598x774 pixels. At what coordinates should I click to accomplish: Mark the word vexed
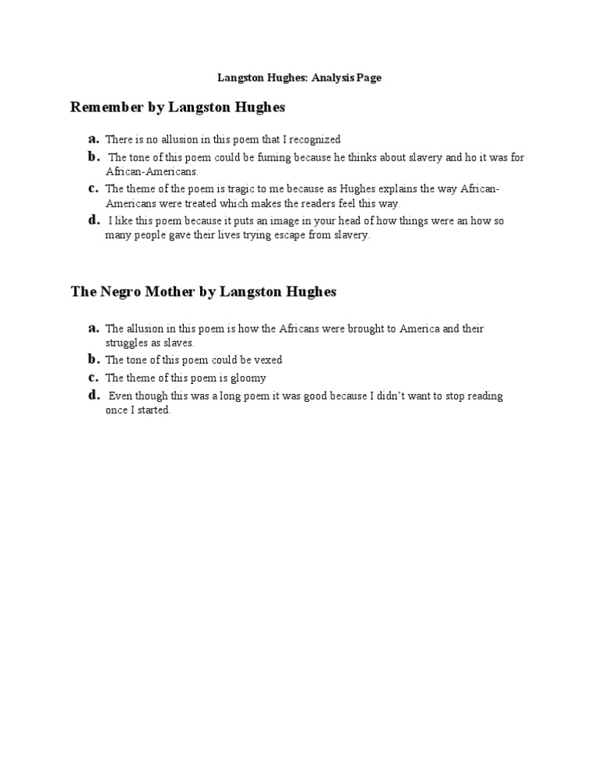(x=268, y=360)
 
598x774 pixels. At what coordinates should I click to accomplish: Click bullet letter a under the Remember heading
(x=93, y=139)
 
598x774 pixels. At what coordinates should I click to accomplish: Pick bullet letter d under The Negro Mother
(x=93, y=395)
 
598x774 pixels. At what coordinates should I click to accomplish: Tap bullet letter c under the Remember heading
(x=93, y=188)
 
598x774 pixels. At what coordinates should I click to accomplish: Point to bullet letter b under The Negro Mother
(x=93, y=359)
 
